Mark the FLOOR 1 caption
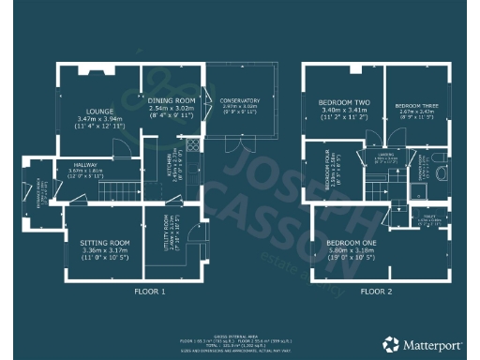150,292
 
